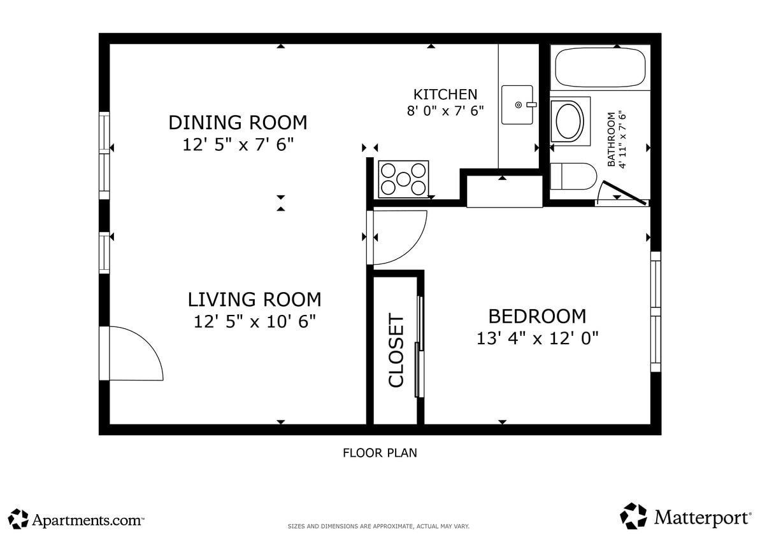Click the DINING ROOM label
point(237,122)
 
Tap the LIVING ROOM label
point(254,299)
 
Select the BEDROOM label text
point(537,316)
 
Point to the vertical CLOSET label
point(396,351)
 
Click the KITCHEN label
point(445,94)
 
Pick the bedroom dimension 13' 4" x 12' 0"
point(537,338)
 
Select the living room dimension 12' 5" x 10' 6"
point(255,321)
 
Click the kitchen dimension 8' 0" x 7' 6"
point(445,111)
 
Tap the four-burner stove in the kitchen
point(403,179)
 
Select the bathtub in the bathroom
point(600,67)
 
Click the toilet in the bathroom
point(571,176)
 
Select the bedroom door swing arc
point(398,237)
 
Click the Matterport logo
point(685,517)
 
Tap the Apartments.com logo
point(76,519)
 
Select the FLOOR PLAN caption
point(380,453)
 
